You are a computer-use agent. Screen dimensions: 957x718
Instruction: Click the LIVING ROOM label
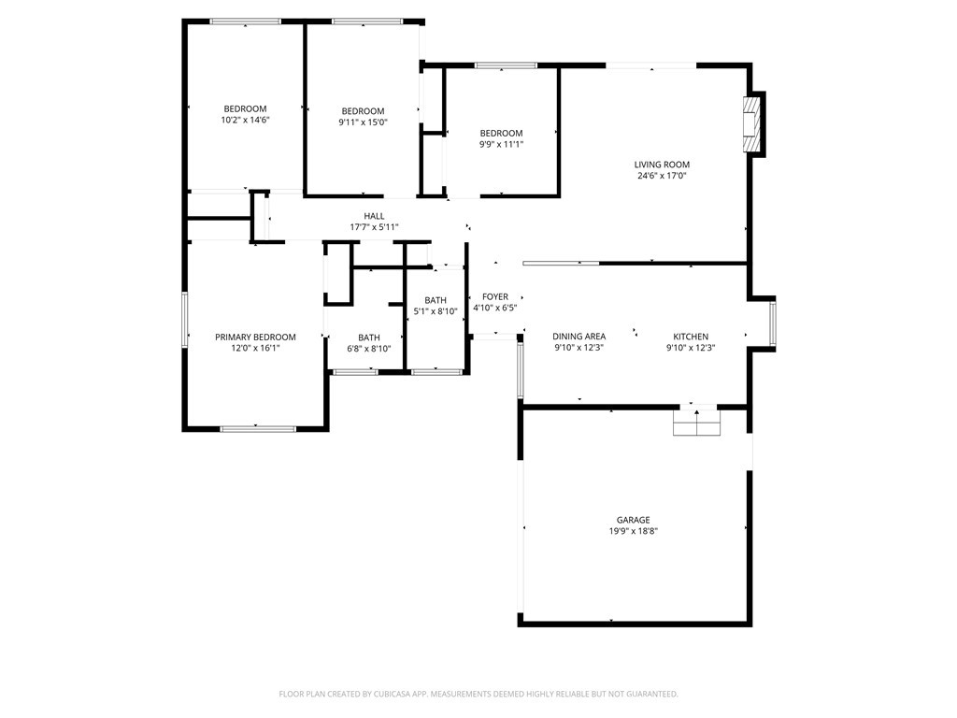click(x=662, y=165)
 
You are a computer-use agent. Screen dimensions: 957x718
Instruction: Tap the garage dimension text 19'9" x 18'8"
click(x=633, y=531)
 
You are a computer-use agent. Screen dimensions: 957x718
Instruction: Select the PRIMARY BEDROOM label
click(x=255, y=337)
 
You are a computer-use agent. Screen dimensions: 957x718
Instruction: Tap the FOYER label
click(x=495, y=296)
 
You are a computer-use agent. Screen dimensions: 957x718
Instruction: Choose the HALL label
click(x=374, y=216)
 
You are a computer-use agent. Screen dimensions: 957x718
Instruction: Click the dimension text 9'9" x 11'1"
click(x=501, y=145)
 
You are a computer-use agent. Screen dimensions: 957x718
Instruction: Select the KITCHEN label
click(x=691, y=337)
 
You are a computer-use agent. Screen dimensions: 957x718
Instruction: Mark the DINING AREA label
click(x=579, y=337)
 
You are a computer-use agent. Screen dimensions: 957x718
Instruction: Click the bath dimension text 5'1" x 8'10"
click(x=436, y=311)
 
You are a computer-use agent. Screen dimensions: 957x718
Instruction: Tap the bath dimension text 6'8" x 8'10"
click(x=368, y=349)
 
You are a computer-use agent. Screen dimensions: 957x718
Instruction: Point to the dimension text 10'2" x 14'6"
click(x=246, y=121)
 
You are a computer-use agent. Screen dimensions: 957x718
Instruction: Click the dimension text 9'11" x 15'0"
click(x=364, y=122)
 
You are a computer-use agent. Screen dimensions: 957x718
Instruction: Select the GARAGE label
click(x=633, y=520)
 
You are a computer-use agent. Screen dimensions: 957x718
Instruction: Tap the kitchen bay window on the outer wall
click(x=773, y=323)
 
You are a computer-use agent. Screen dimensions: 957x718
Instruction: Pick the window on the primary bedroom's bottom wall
click(x=258, y=428)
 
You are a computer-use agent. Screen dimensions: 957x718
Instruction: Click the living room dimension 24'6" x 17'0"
click(x=662, y=176)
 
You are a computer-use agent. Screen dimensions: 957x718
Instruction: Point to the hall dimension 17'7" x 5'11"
click(x=374, y=227)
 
